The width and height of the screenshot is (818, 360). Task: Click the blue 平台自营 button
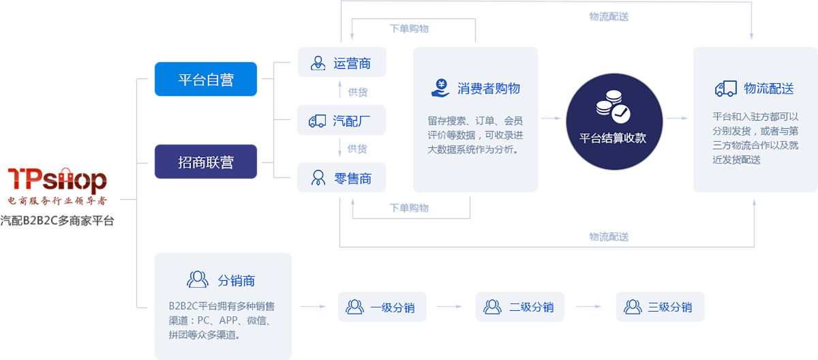206,79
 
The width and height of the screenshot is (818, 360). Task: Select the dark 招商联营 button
206,162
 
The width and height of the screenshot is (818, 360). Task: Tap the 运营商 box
342,63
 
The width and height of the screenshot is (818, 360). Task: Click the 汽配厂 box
342,121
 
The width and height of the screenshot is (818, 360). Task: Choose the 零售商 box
342,179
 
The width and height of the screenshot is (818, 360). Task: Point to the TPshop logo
57,181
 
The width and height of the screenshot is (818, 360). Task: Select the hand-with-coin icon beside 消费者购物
440,88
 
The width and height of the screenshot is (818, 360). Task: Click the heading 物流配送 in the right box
769,88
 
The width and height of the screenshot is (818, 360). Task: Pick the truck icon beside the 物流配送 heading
726,89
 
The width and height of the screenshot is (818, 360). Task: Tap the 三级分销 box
660,307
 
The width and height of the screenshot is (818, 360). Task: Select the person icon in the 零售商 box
318,179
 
